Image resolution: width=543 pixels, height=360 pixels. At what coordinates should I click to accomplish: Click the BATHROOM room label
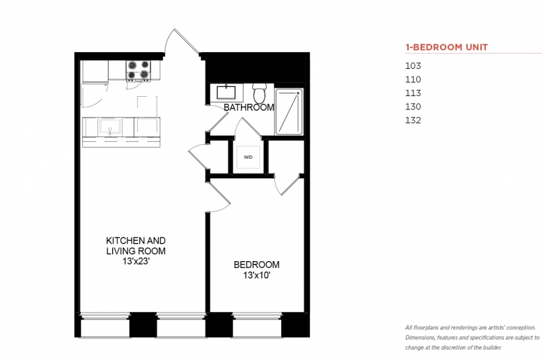[x=249, y=107]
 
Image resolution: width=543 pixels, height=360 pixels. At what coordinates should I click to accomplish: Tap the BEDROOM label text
[x=257, y=265]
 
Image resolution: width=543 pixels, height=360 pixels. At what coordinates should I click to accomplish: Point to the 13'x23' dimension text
[x=136, y=261]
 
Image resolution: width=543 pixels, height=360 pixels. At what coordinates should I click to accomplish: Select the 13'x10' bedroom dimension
[x=257, y=276]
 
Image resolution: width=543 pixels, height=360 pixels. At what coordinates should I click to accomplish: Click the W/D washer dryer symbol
[x=248, y=157]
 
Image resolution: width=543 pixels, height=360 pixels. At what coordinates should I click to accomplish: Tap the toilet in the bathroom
[x=259, y=93]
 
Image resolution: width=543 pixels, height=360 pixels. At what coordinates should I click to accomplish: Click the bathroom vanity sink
[x=226, y=92]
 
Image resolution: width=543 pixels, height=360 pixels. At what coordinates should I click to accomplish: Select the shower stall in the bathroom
[x=289, y=112]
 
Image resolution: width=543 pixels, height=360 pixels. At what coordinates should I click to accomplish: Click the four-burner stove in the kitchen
[x=139, y=70]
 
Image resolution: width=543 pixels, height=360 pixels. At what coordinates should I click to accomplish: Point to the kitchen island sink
[x=110, y=127]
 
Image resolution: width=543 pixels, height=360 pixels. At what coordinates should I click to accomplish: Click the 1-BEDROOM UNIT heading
[x=447, y=47]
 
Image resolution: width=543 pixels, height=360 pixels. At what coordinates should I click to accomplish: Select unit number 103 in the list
[x=413, y=66]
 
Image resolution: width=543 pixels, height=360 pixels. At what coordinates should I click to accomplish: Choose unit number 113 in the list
[x=413, y=93]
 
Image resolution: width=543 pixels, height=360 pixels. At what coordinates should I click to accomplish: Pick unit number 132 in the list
[x=413, y=120]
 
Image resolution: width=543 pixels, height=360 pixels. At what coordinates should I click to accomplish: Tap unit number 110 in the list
[x=413, y=79]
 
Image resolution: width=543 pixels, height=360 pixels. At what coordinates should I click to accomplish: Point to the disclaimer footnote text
[x=473, y=338]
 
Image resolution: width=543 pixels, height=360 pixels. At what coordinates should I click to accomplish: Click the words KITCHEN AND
[x=136, y=240]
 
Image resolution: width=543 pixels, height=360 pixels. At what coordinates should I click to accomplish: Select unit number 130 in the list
[x=413, y=107]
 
